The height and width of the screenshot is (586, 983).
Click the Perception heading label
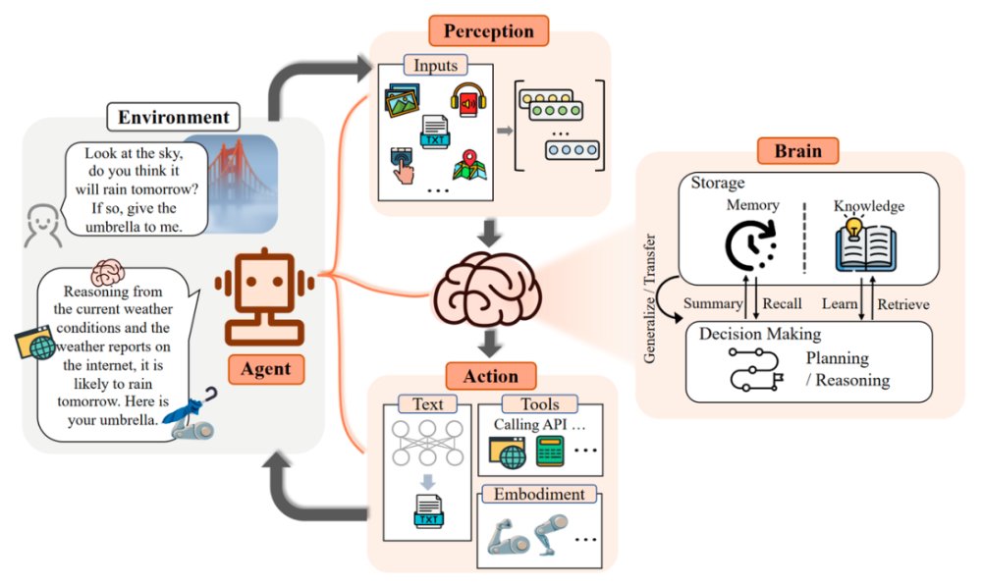(489, 31)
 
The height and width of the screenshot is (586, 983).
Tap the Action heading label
(490, 376)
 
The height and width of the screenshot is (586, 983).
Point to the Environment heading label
(174, 117)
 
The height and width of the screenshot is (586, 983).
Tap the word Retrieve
(903, 303)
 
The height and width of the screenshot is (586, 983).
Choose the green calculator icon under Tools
(550, 452)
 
